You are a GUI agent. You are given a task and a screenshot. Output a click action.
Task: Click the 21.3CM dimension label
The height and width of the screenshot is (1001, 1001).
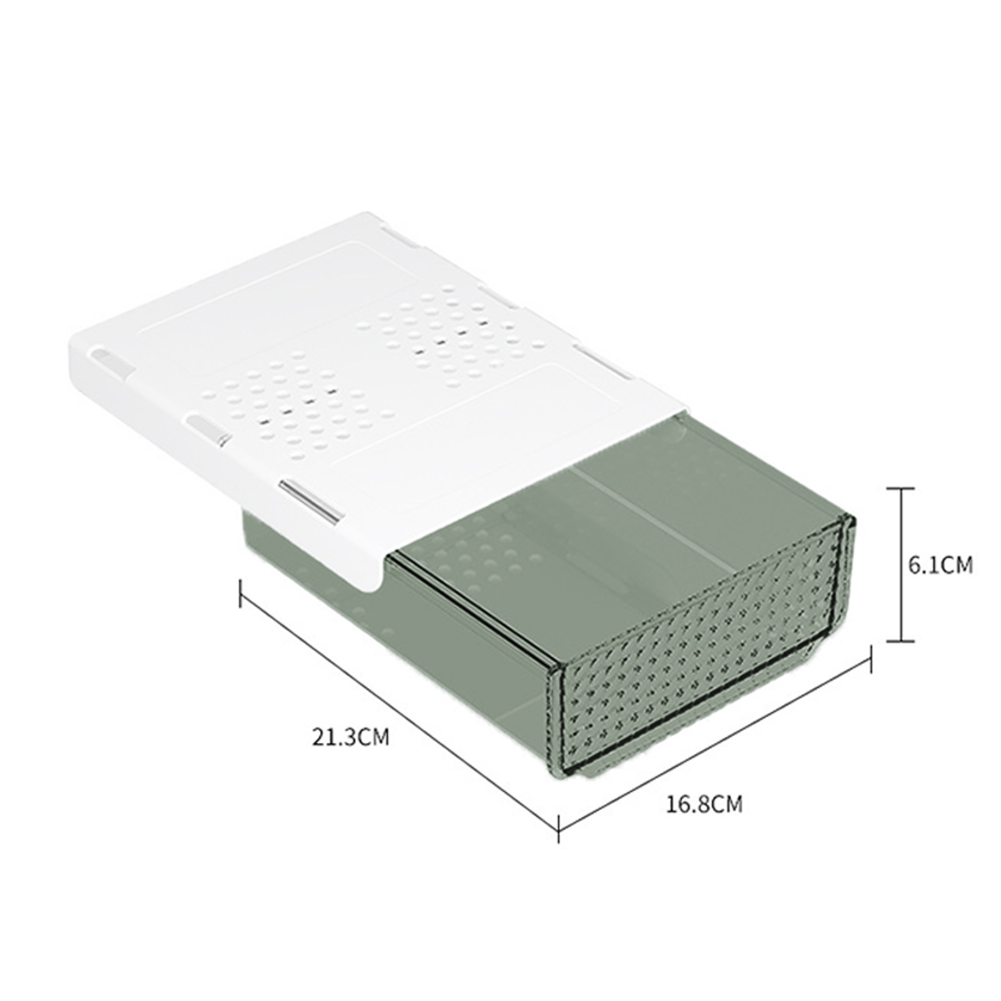350,736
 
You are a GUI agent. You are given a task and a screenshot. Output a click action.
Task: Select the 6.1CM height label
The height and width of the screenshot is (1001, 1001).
940,565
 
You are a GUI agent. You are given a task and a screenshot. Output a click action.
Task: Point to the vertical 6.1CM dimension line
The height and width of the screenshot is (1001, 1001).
901,565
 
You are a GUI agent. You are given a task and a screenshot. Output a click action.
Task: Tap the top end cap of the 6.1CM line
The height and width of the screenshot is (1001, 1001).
901,489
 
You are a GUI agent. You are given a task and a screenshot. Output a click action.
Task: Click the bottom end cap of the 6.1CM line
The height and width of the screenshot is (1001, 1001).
901,641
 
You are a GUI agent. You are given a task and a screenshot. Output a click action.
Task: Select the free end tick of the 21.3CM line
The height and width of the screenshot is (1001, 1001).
240,593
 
